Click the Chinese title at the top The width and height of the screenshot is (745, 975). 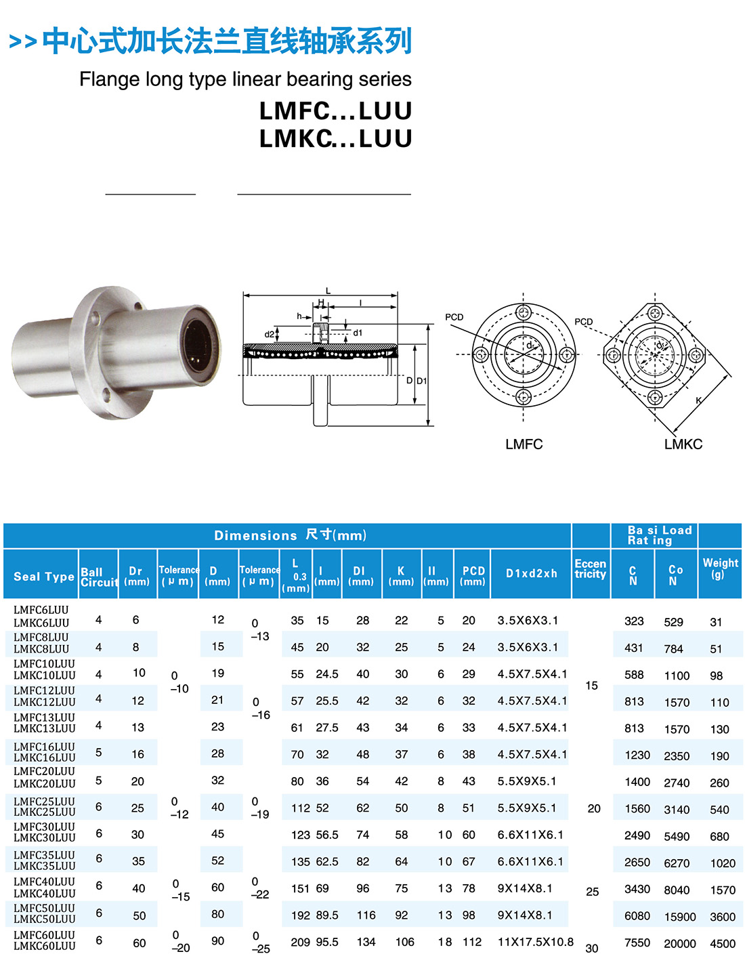click(x=227, y=41)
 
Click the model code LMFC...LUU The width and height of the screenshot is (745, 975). click(x=335, y=111)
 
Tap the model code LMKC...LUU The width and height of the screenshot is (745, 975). click(x=335, y=139)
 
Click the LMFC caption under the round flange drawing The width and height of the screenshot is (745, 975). click(x=524, y=444)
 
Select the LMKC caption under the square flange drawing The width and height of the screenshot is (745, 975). click(x=683, y=444)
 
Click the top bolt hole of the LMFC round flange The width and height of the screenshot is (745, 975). click(x=523, y=312)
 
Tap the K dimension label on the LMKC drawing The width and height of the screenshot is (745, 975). click(x=699, y=400)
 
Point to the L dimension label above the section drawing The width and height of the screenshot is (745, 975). click(x=328, y=291)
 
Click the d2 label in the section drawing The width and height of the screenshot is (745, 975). click(x=269, y=334)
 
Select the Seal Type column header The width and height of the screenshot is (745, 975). click(x=44, y=577)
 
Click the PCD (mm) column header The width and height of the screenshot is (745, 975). click(x=473, y=575)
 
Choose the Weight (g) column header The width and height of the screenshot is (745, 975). click(x=720, y=568)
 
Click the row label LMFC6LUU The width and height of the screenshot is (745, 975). click(x=41, y=610)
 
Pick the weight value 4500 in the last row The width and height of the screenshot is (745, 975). click(x=722, y=943)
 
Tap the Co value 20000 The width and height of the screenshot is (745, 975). click(x=679, y=943)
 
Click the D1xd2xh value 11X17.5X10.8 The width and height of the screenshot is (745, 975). click(x=535, y=942)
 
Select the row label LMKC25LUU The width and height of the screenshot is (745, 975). click(x=44, y=812)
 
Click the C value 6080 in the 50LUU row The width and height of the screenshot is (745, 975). click(x=637, y=916)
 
